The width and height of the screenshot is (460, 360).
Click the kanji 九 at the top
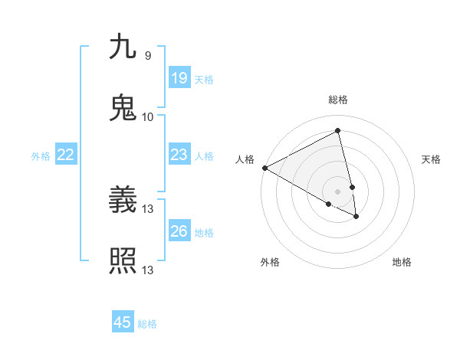[x=123, y=47]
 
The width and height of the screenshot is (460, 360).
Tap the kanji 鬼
[x=123, y=107]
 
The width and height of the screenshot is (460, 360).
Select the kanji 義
[x=123, y=200]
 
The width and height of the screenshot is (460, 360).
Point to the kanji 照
[x=123, y=260]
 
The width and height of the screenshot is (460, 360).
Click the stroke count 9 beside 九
[x=147, y=56]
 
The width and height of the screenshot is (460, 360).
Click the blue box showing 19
[x=179, y=77]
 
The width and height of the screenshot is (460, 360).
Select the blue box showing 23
[x=179, y=155]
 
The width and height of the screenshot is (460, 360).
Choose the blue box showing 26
[x=179, y=231]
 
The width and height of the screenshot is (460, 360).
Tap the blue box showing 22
[x=66, y=155]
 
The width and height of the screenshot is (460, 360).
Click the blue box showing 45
[x=123, y=322]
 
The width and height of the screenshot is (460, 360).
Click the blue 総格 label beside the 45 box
[x=147, y=324]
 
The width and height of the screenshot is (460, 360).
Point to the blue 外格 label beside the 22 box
[x=41, y=156]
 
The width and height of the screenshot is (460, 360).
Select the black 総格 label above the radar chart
[x=338, y=100]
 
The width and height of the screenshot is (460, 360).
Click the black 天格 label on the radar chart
[x=432, y=159]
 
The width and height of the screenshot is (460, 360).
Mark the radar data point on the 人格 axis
[x=264, y=168]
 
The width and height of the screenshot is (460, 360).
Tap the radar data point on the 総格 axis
[x=338, y=131]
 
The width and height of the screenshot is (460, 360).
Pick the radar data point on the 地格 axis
[x=356, y=217]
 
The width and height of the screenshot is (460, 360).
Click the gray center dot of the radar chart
[x=338, y=191]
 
